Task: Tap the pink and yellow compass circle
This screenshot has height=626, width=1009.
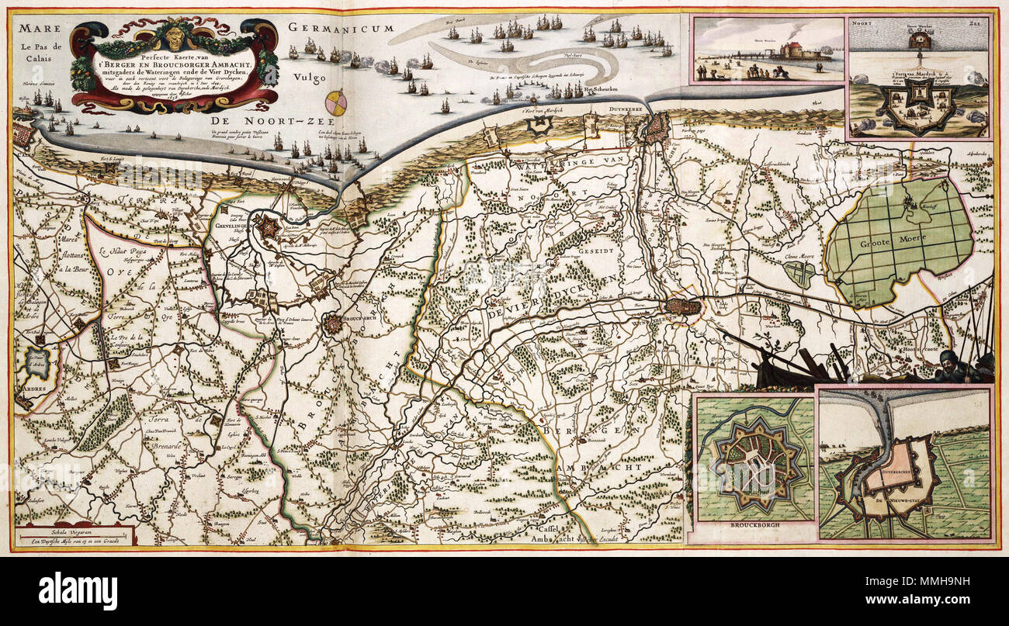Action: [x=336, y=102]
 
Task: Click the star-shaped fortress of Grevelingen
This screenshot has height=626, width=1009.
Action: [x=268, y=227]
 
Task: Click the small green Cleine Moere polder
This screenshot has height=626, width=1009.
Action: [x=799, y=273]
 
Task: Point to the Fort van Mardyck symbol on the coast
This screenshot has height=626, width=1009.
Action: [x=533, y=101]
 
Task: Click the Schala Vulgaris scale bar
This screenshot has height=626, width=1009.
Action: [x=75, y=534]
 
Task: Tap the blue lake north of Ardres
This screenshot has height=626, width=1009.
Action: [x=36, y=361]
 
